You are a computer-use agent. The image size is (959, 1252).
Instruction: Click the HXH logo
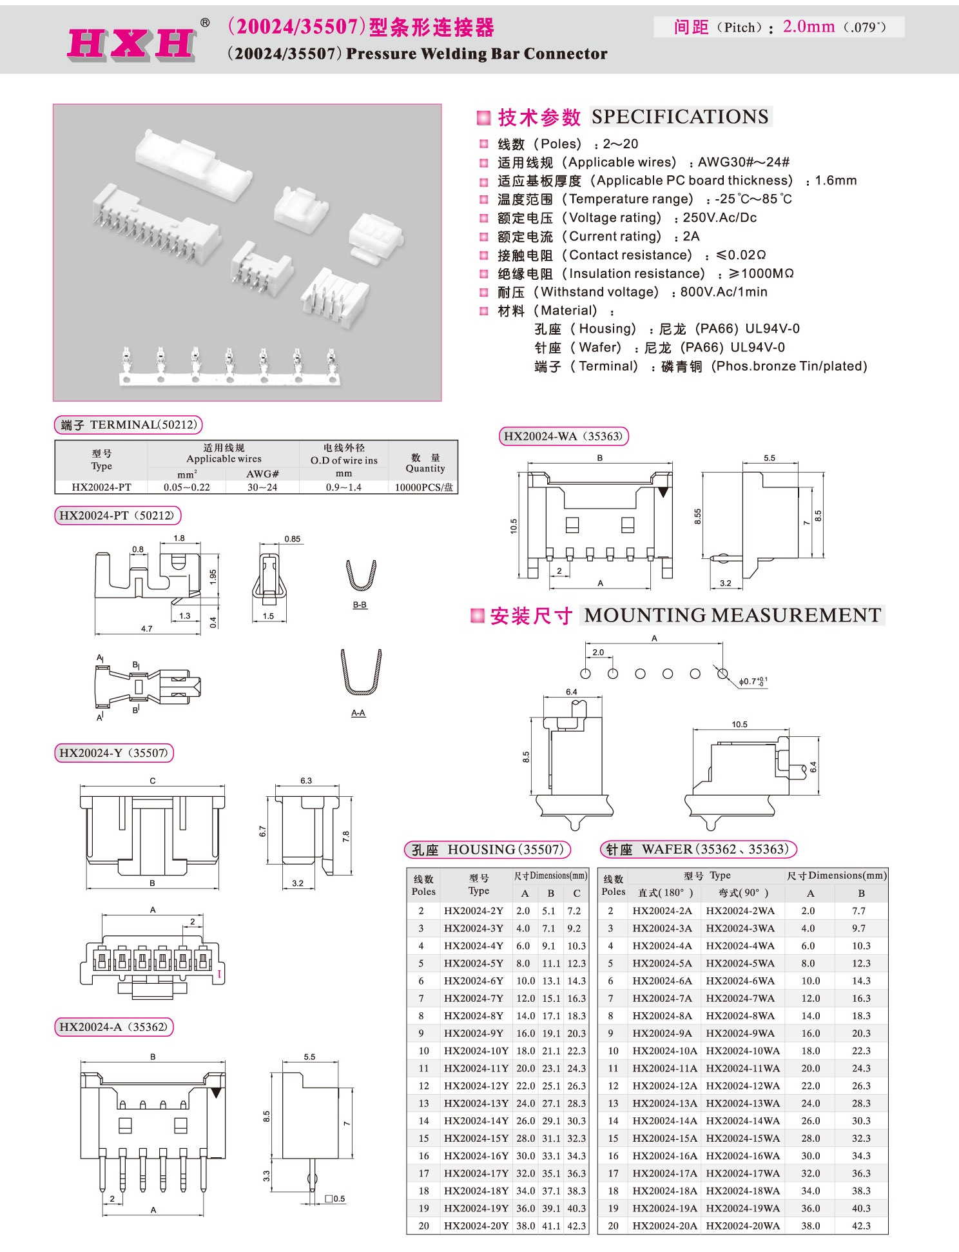132,44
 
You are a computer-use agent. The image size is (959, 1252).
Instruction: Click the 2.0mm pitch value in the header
808,26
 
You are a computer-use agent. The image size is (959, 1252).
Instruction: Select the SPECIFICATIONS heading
680,117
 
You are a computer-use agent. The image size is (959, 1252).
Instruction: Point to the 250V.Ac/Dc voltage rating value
719,218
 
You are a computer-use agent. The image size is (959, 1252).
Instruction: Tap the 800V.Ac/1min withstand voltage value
723,292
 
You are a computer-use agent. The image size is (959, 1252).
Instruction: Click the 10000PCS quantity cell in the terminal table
423,487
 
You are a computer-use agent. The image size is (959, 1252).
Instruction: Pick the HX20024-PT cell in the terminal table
101,487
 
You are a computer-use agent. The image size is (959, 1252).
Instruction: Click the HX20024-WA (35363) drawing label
563,436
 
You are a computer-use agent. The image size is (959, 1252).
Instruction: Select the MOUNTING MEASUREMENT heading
732,615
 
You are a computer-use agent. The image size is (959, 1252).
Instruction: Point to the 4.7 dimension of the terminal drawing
146,628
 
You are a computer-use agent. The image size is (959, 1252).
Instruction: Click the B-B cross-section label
360,605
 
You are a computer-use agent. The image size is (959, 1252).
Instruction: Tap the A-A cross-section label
358,713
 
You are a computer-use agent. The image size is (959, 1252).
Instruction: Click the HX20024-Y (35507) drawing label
113,752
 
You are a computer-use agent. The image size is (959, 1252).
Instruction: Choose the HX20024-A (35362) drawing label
113,1027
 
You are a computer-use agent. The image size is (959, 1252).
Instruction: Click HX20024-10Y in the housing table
476,1051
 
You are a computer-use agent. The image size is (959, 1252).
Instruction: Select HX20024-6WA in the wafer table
740,981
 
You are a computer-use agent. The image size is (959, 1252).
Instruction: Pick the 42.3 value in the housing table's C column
576,1226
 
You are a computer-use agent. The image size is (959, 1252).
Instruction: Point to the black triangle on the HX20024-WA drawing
663,492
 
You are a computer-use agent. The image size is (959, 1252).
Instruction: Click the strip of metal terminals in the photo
229,367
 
